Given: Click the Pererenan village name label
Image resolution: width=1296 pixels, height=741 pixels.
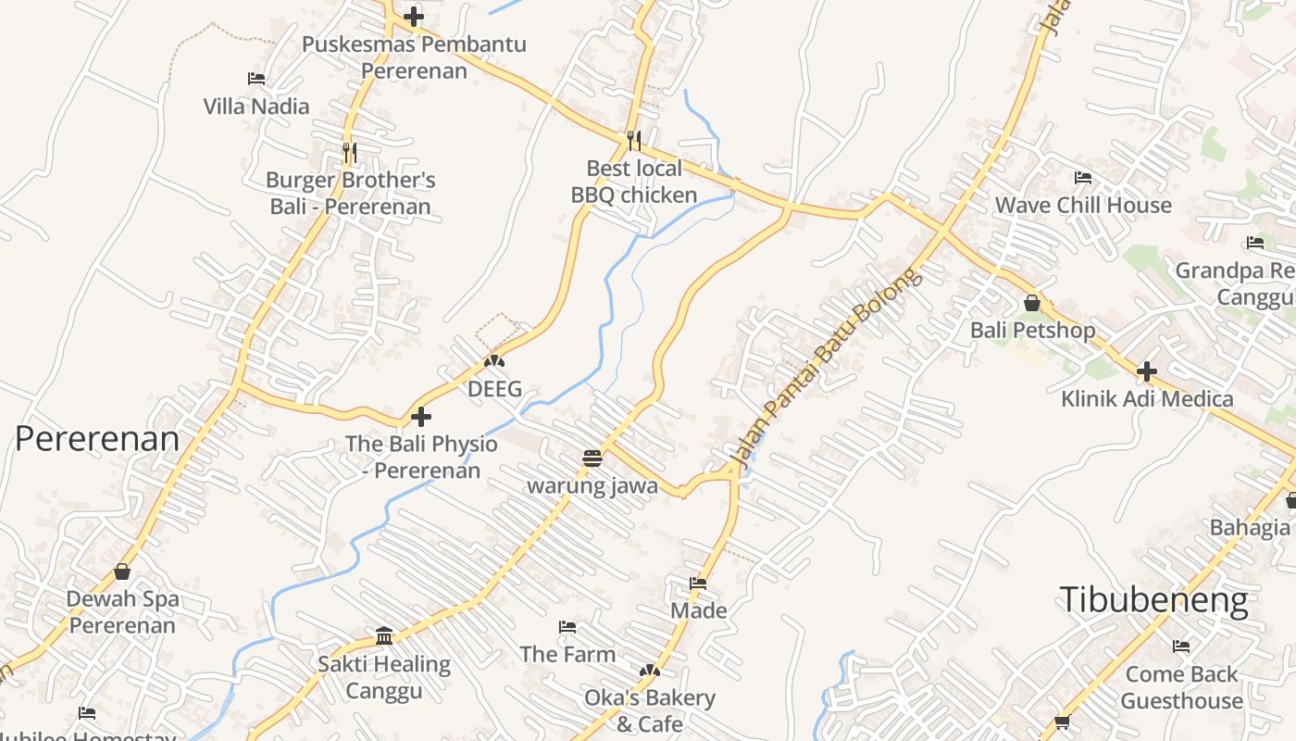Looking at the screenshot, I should coord(97,438).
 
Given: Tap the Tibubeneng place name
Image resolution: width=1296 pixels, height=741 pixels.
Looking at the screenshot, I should coord(1153,600).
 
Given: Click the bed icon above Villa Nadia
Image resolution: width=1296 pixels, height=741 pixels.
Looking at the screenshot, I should coord(256,79).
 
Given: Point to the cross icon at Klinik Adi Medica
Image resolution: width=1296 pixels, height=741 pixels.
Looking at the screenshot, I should coord(1147,371).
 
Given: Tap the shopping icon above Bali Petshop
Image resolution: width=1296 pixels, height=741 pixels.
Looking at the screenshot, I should coord(1032,303).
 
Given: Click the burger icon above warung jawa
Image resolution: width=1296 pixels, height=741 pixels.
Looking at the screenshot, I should coord(592,458).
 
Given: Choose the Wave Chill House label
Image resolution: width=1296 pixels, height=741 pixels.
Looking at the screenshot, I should coord(1083,205).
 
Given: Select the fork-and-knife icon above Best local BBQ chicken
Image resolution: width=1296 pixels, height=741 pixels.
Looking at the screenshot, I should coord(634,141).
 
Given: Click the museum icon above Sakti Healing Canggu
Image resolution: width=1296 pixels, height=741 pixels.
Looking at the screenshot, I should coord(384,635).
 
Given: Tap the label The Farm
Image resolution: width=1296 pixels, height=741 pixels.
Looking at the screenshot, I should coord(567,654).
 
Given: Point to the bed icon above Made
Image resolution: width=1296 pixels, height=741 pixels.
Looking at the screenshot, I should coord(698,584).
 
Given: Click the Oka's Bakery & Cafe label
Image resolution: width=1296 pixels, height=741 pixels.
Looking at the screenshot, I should coord(650,710).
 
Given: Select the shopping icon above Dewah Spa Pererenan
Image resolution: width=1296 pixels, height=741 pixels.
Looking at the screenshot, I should coord(122,571).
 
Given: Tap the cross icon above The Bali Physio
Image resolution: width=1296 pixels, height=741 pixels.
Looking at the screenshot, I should coord(421,417).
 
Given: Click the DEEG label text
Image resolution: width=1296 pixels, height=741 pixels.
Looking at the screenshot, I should coord(494,389).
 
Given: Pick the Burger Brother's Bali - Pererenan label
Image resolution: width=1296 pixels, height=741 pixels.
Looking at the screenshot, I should coord(351,193).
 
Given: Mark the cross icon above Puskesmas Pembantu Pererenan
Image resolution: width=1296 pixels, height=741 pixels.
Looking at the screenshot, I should coord(414,17).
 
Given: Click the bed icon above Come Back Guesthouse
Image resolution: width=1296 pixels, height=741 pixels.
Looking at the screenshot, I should coord(1181,647).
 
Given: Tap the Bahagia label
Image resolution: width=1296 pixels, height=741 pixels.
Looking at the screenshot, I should coord(1250,527).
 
